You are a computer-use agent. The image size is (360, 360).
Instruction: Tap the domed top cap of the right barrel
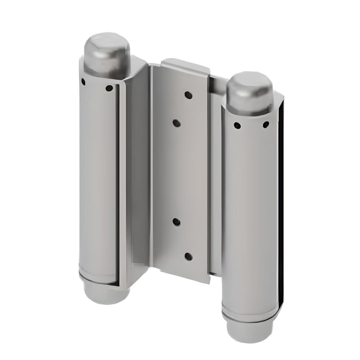coord(249,91)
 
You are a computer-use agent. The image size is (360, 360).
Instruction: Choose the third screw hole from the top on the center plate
coord(176,222)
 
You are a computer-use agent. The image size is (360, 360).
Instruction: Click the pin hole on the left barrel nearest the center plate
coord(108,88)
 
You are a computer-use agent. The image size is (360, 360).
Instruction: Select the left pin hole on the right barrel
coord(237,126)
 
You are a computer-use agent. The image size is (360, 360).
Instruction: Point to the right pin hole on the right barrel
coord(265,126)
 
